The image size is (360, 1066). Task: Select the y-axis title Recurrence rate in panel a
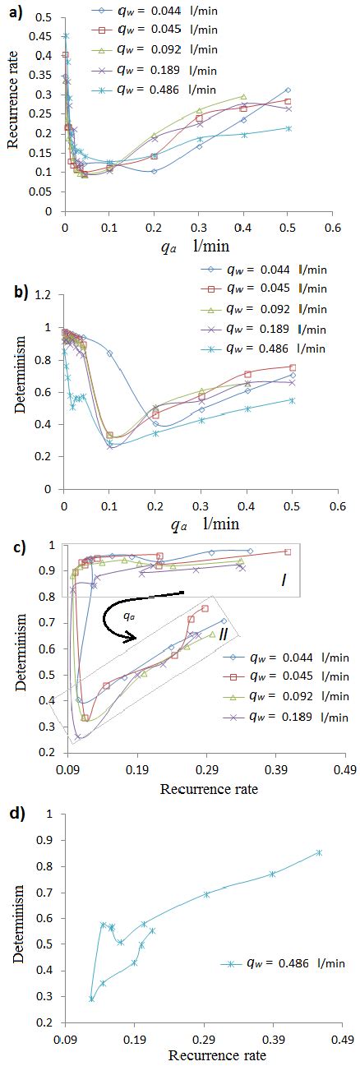click(x=12, y=107)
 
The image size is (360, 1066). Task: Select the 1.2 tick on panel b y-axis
click(x=46, y=293)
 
